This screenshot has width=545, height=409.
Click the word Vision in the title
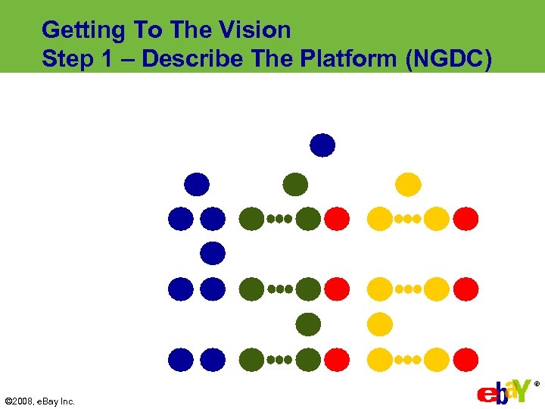coord(254,30)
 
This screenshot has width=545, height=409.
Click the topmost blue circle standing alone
coord(322,145)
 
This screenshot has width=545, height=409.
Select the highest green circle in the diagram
coord(295,184)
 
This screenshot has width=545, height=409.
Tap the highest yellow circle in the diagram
coord(408,184)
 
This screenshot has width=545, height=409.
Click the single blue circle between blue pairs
coord(213,253)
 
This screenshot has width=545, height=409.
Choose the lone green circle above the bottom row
coord(308,324)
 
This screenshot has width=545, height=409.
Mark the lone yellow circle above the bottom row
coord(380,324)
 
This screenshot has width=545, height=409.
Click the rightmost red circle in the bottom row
coord(466,359)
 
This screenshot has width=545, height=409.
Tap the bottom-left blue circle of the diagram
coord(180,359)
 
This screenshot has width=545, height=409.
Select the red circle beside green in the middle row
coord(338,289)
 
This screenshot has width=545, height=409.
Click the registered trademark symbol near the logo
coord(537,384)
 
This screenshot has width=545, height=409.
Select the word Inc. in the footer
coord(67,401)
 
